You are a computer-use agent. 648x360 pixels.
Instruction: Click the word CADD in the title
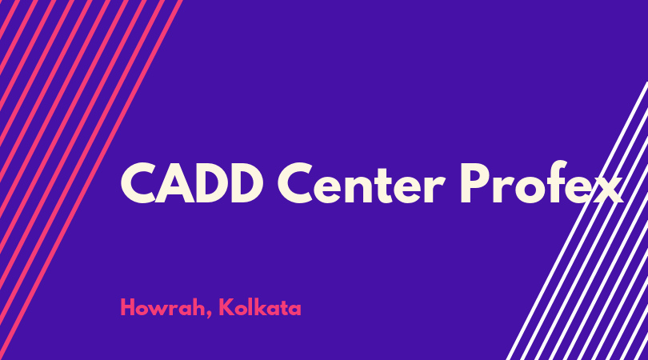point(191,182)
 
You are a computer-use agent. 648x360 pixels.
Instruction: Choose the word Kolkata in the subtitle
point(260,307)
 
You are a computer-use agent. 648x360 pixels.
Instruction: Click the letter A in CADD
point(174,182)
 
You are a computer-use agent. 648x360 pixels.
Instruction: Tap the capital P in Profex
point(474,182)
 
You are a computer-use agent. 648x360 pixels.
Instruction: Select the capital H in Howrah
point(128,307)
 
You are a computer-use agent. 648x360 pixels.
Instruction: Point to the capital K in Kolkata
point(226,307)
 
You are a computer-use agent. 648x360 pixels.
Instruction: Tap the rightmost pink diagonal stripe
point(91,180)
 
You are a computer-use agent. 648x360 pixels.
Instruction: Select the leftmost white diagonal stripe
point(578,221)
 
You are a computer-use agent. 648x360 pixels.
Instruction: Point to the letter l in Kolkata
point(252,306)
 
